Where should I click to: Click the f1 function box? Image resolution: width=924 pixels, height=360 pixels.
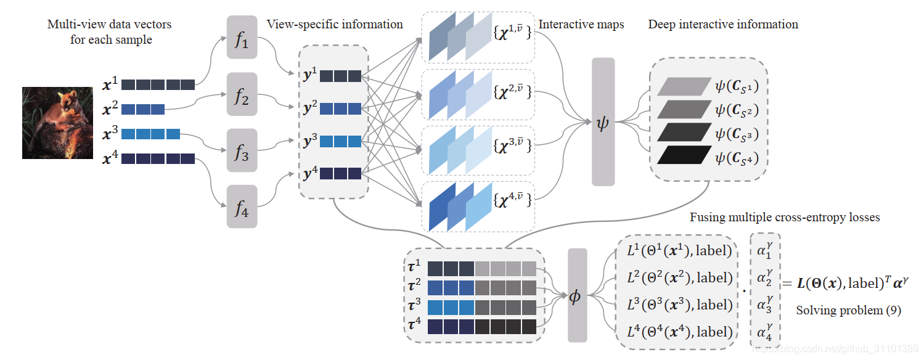(x=242, y=37)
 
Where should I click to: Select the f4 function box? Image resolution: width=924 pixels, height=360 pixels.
(x=242, y=207)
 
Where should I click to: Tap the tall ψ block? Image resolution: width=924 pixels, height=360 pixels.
(x=603, y=122)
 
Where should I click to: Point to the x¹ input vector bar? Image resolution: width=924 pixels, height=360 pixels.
(x=158, y=84)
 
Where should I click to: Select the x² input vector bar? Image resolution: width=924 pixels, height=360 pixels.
(x=143, y=110)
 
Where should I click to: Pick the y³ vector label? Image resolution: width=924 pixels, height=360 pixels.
(x=310, y=141)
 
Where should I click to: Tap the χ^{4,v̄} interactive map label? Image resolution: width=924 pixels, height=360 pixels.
(x=512, y=198)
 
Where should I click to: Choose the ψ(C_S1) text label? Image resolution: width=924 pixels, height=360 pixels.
(x=736, y=87)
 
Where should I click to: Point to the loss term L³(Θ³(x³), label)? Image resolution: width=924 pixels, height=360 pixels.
(x=678, y=305)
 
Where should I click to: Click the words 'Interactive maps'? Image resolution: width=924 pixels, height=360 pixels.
(x=581, y=25)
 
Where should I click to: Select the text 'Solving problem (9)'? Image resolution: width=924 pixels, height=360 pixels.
(x=848, y=310)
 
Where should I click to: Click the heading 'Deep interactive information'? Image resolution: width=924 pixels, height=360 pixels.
(x=723, y=25)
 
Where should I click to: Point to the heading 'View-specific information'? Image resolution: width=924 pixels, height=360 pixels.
(x=335, y=25)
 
